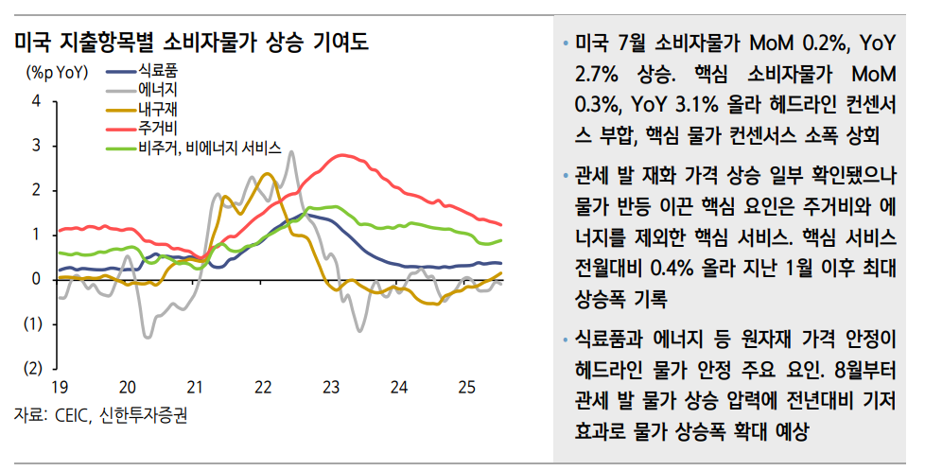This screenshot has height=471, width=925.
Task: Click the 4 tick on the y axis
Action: tap(36, 101)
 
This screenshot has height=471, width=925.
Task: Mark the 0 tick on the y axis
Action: tap(36, 279)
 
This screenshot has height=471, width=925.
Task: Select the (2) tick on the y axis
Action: tap(32, 368)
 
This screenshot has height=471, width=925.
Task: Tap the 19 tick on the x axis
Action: tap(60, 387)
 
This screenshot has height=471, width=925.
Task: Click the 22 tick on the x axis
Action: tap(263, 387)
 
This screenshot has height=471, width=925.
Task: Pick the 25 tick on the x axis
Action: tap(466, 387)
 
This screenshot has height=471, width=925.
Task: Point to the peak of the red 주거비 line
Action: tap(341, 155)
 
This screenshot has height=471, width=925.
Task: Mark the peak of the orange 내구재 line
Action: tap(267, 173)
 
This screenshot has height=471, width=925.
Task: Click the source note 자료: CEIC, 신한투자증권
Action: tap(100, 414)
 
